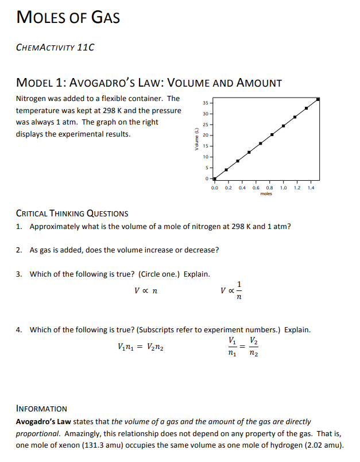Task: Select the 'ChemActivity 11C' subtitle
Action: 55,47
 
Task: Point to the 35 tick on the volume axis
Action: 206,103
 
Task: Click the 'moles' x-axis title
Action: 266,194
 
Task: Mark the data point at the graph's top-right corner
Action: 318,99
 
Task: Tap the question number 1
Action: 19,226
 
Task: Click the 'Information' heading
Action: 41,409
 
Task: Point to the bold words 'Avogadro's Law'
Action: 42,421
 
